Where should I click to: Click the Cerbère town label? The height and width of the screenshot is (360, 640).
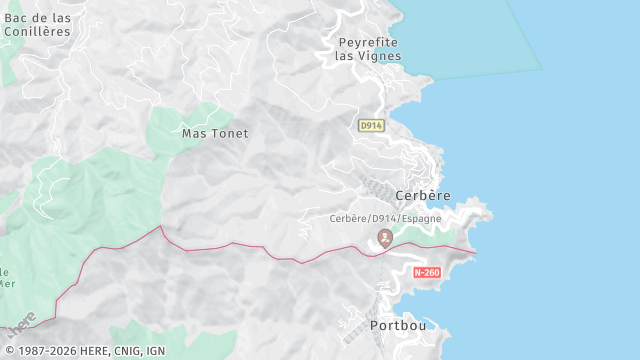(423, 195)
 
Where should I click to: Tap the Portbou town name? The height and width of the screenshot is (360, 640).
(398, 326)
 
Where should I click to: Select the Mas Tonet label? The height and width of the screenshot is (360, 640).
(215, 133)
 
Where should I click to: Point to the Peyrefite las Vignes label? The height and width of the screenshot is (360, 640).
(368, 49)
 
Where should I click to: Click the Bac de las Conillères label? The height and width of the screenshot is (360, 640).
(38, 25)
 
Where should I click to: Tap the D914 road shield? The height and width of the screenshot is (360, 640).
(371, 125)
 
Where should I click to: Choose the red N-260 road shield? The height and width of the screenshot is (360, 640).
(426, 273)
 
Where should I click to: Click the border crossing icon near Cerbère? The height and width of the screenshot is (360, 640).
(384, 237)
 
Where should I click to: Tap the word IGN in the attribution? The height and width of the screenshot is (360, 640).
(155, 351)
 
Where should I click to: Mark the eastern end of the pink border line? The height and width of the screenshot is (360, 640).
(475, 252)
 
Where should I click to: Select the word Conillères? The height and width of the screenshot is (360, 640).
(38, 31)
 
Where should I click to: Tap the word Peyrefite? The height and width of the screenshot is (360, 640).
(368, 42)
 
